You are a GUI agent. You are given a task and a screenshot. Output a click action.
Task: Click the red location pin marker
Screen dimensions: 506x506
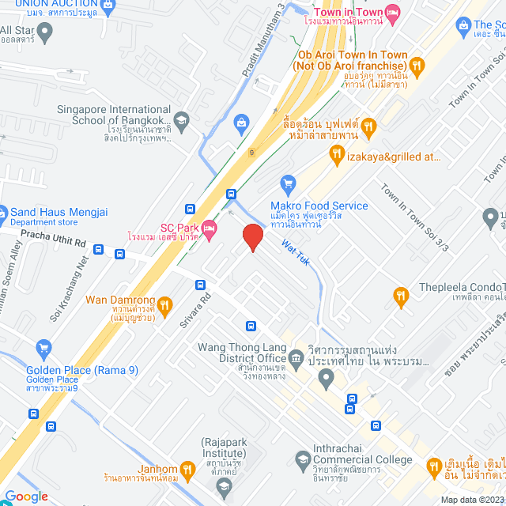(252, 236)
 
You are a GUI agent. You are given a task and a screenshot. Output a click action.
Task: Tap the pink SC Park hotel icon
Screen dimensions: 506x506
(210, 228)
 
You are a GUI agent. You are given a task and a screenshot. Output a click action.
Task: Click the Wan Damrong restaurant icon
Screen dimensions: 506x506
(164, 304)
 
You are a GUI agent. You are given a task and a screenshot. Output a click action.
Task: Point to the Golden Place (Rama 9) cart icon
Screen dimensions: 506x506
(43, 347)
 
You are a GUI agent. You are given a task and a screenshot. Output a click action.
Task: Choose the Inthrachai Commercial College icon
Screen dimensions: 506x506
(303, 459)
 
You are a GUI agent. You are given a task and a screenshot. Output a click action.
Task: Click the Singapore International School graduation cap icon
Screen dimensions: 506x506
(182, 121)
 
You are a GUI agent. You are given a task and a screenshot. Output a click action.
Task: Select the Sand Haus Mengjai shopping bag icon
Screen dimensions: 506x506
(2, 212)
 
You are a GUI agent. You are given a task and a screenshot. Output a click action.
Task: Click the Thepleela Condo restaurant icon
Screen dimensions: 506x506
(401, 296)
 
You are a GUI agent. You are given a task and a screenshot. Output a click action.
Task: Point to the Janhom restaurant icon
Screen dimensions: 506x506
(187, 467)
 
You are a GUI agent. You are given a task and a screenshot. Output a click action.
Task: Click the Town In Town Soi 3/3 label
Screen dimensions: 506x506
(413, 218)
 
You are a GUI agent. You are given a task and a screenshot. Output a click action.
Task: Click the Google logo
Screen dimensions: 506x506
(26, 496)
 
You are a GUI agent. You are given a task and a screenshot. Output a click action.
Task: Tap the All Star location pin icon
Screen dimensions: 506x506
(44, 32)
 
